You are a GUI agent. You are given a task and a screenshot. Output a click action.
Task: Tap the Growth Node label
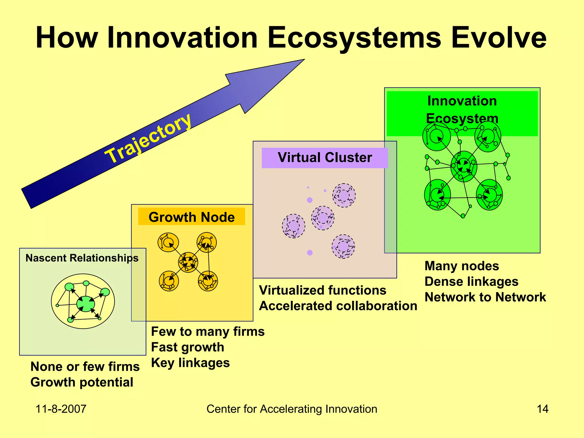tap(192, 217)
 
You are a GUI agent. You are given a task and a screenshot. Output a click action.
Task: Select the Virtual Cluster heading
tap(325, 157)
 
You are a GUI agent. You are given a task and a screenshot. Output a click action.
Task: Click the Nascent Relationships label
tap(82, 258)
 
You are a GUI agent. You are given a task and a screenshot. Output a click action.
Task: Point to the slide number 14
tap(542, 409)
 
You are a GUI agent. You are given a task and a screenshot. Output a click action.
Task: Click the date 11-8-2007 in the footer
tap(61, 409)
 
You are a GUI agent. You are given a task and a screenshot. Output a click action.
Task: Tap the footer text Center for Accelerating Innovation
tap(292, 409)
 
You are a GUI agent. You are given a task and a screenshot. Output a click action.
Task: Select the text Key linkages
tap(190, 363)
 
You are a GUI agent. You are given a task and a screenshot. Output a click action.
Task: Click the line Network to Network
tap(485, 297)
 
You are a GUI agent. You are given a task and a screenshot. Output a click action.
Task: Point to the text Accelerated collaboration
tap(338, 306)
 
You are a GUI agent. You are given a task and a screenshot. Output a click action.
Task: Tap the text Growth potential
tap(82, 382)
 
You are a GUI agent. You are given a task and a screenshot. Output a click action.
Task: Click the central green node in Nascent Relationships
tap(86, 304)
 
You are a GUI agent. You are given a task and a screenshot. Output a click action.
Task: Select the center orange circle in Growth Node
tap(188, 262)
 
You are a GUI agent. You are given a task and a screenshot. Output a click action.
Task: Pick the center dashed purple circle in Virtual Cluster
tap(323, 218)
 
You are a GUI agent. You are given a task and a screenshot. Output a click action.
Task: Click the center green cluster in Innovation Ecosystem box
tap(464, 166)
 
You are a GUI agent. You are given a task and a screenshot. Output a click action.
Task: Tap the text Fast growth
tap(187, 347)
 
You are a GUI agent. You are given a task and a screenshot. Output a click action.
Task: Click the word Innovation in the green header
tap(462, 101)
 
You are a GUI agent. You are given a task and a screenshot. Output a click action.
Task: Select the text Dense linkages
tap(471, 282)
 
